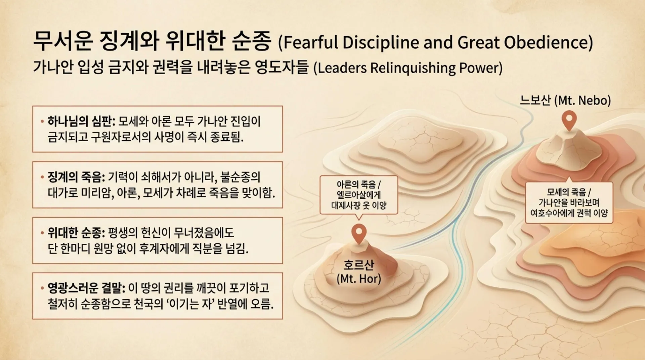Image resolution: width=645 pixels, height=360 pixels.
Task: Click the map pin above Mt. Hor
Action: tap(359, 234)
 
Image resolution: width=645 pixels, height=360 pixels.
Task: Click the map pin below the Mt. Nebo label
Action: tap(569, 120)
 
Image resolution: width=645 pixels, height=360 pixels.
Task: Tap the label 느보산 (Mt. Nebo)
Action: tap(565, 100)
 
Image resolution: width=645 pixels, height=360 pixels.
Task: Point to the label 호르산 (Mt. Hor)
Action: tap(359, 272)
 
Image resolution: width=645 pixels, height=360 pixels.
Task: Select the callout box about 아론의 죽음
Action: tap(359, 195)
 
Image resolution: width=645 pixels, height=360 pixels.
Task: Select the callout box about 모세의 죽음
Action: tap(569, 202)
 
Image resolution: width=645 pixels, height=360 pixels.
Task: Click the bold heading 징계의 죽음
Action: tap(76, 177)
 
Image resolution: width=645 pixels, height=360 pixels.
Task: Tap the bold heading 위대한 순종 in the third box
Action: tap(76, 233)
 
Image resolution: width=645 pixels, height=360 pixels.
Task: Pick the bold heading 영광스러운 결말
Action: tap(86, 288)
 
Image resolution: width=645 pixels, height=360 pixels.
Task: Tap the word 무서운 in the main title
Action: tap(63, 41)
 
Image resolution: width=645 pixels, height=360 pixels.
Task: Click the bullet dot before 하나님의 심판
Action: tap(42, 121)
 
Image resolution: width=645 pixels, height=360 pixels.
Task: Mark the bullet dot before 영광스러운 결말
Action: tap(42, 288)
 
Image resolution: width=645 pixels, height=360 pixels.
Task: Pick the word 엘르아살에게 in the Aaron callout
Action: tap(359, 195)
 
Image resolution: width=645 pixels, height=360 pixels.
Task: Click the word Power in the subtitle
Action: tap(481, 68)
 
